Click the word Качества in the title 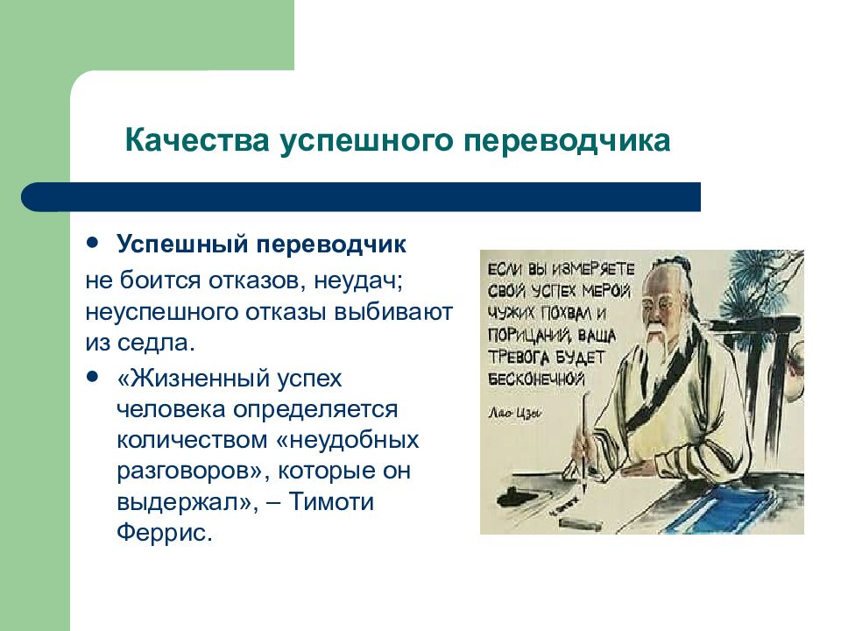point(197,140)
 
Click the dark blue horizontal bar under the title point(360,197)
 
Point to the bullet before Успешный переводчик point(94,242)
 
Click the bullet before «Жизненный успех point(94,376)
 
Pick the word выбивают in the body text point(393,312)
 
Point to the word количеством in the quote point(192,441)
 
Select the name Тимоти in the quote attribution point(331,501)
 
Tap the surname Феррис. point(165,534)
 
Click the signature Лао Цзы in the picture point(514,413)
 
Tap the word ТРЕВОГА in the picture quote point(518,358)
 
